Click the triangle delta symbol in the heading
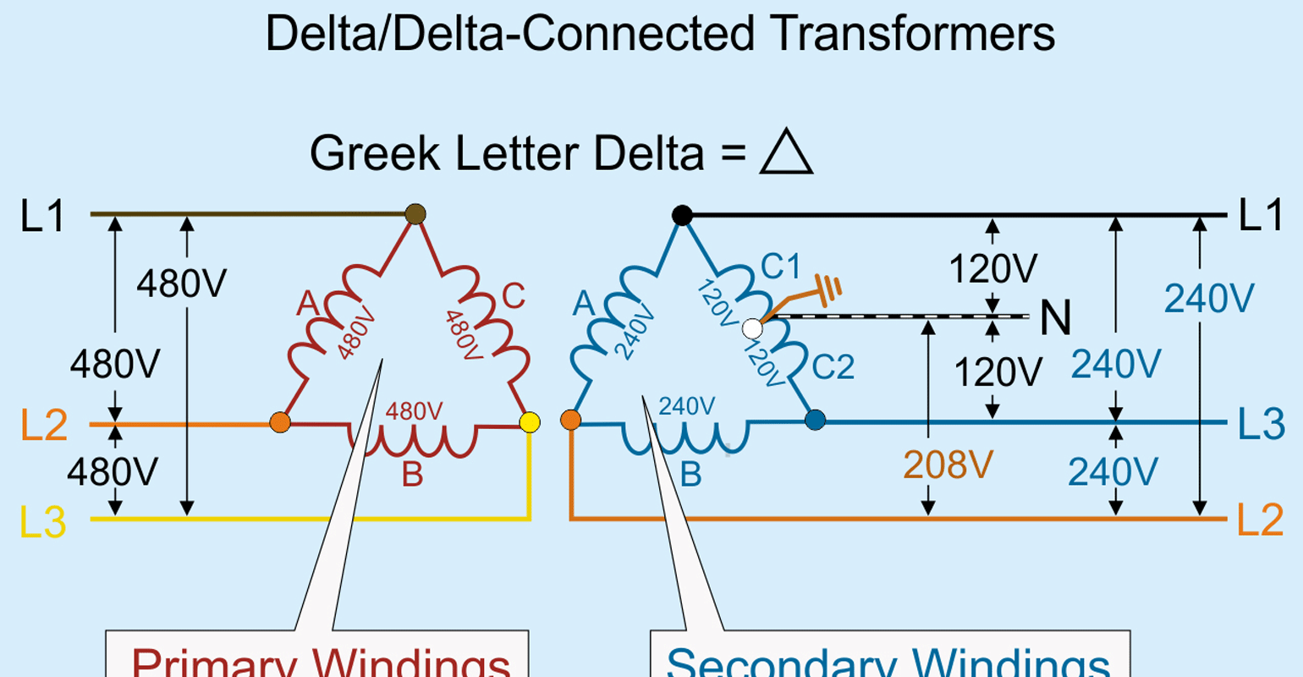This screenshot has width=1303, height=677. tap(786, 153)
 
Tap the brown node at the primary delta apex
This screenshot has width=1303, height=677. tap(415, 214)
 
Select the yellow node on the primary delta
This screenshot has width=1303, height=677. tap(530, 421)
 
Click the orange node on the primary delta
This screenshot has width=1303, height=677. tap(280, 422)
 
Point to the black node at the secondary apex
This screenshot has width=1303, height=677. tap(682, 215)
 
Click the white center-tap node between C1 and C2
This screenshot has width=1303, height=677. tap(751, 327)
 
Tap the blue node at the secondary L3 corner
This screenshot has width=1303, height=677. tap(815, 420)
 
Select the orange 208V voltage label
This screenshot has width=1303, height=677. tap(948, 465)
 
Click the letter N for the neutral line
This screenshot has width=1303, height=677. tap(1055, 318)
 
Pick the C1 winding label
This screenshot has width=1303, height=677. tap(780, 267)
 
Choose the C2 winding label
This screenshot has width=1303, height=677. tap(833, 366)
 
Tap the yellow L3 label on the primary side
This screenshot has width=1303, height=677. tap(43, 521)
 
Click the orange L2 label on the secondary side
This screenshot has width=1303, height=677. tap(1261, 520)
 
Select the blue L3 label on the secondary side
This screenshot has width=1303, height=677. tap(1261, 423)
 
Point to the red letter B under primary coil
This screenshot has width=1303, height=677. tap(412, 476)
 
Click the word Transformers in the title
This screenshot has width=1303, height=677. tap(913, 35)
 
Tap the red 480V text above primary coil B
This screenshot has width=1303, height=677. tap(414, 411)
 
